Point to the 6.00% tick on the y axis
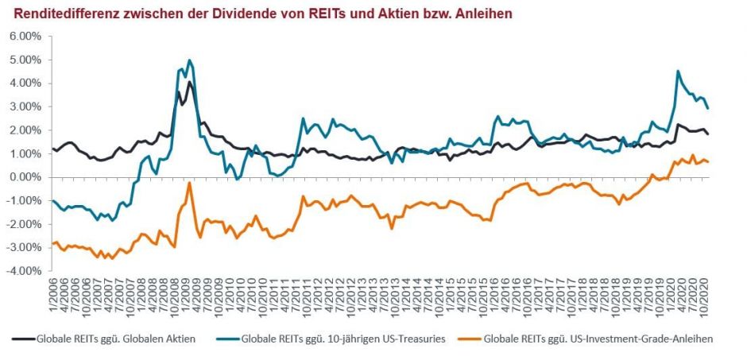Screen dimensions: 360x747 [24, 37]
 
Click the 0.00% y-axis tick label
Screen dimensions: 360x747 [24, 177]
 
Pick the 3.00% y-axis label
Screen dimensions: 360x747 [24, 106]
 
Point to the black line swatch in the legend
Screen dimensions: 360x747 [23, 338]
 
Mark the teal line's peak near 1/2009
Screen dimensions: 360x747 [189, 60]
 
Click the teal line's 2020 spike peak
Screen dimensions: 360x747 [678, 72]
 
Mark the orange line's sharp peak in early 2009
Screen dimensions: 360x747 [189, 183]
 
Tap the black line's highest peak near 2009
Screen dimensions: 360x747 [189, 82]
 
